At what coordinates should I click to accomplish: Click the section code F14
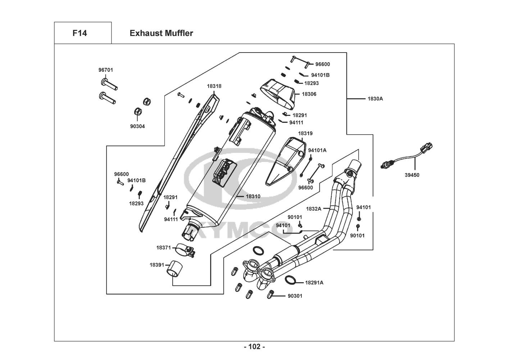pos(79,33)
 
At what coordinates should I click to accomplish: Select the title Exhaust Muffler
pos(161,33)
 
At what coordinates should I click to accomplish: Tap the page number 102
pos(254,347)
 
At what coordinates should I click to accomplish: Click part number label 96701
pos(105,70)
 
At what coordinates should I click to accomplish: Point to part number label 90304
pos(138,126)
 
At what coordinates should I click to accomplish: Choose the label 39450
pos(412,175)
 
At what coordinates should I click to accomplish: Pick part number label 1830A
pos(375,98)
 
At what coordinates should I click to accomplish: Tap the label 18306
pos(309,94)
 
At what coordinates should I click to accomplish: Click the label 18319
pos(305,133)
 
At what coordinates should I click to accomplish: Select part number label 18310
pos(253,197)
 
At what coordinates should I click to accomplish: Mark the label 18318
pos(214,86)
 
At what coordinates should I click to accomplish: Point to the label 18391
pos(157,265)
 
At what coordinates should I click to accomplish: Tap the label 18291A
pos(314,283)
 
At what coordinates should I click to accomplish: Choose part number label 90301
pos(295,296)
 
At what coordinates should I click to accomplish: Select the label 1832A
pos(313,208)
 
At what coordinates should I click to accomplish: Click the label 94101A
pos(317,150)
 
